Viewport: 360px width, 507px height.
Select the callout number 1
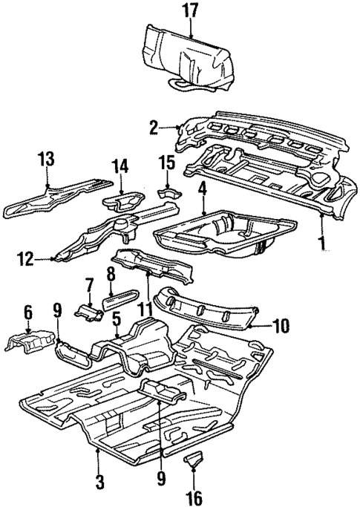pyautogui.click(x=321, y=241)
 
